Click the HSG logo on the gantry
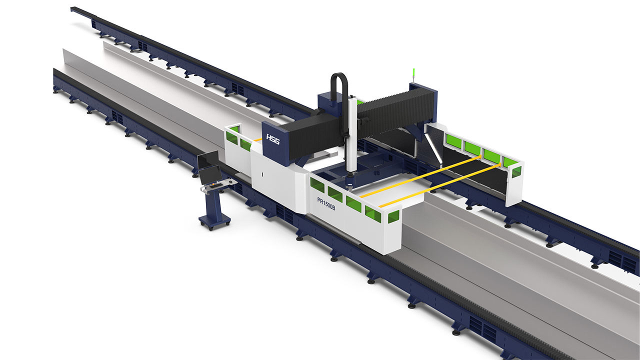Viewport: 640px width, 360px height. (273, 139)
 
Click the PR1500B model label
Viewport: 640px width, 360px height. (326, 203)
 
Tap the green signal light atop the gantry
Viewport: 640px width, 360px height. (413, 75)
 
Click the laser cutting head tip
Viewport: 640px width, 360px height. (349, 188)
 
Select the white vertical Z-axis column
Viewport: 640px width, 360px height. (351, 137)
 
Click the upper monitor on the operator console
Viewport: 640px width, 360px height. (207, 160)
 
